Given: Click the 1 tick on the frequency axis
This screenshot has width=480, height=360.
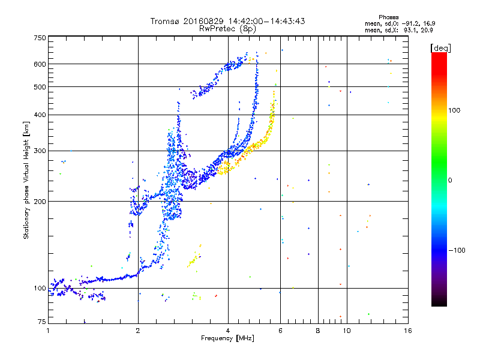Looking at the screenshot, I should tap(48, 329).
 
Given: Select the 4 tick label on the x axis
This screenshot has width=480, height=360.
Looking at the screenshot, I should tap(228, 329).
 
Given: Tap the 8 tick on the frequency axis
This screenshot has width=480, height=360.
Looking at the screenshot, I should tap(318, 329).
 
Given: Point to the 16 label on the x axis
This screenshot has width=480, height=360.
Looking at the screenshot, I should tap(408, 329).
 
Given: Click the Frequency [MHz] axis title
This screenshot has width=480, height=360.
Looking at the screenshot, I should tap(228, 339).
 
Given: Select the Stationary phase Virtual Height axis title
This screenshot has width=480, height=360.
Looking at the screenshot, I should tap(26, 180).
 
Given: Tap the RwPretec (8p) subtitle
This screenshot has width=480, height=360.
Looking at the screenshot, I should tap(228, 28).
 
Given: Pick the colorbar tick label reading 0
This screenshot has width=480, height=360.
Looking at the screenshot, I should tap(449, 180).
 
